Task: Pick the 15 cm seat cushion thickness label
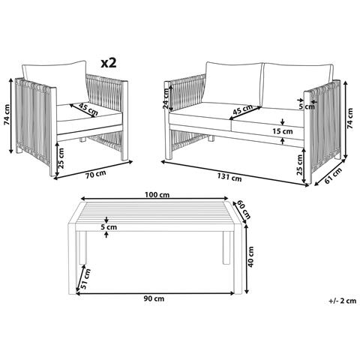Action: coord(282,131)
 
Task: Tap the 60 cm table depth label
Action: coord(243,208)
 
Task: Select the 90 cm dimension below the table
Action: coord(153,298)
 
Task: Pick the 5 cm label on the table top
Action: coord(111,226)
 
